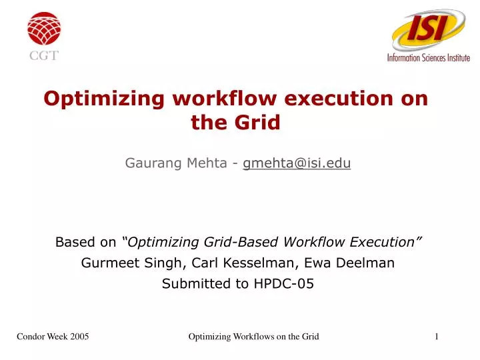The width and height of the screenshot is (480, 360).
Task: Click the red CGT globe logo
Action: [44, 28]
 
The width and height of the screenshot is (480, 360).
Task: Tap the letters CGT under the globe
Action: [44, 55]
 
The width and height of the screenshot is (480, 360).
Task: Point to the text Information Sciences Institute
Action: [429, 58]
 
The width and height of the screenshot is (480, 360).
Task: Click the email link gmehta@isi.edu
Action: [297, 162]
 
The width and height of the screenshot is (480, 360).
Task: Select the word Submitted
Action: [191, 283]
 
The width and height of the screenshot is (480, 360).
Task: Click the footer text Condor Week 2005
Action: [53, 337]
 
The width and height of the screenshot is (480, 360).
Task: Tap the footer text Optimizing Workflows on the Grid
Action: [254, 337]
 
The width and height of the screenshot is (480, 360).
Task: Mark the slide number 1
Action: [436, 337]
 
